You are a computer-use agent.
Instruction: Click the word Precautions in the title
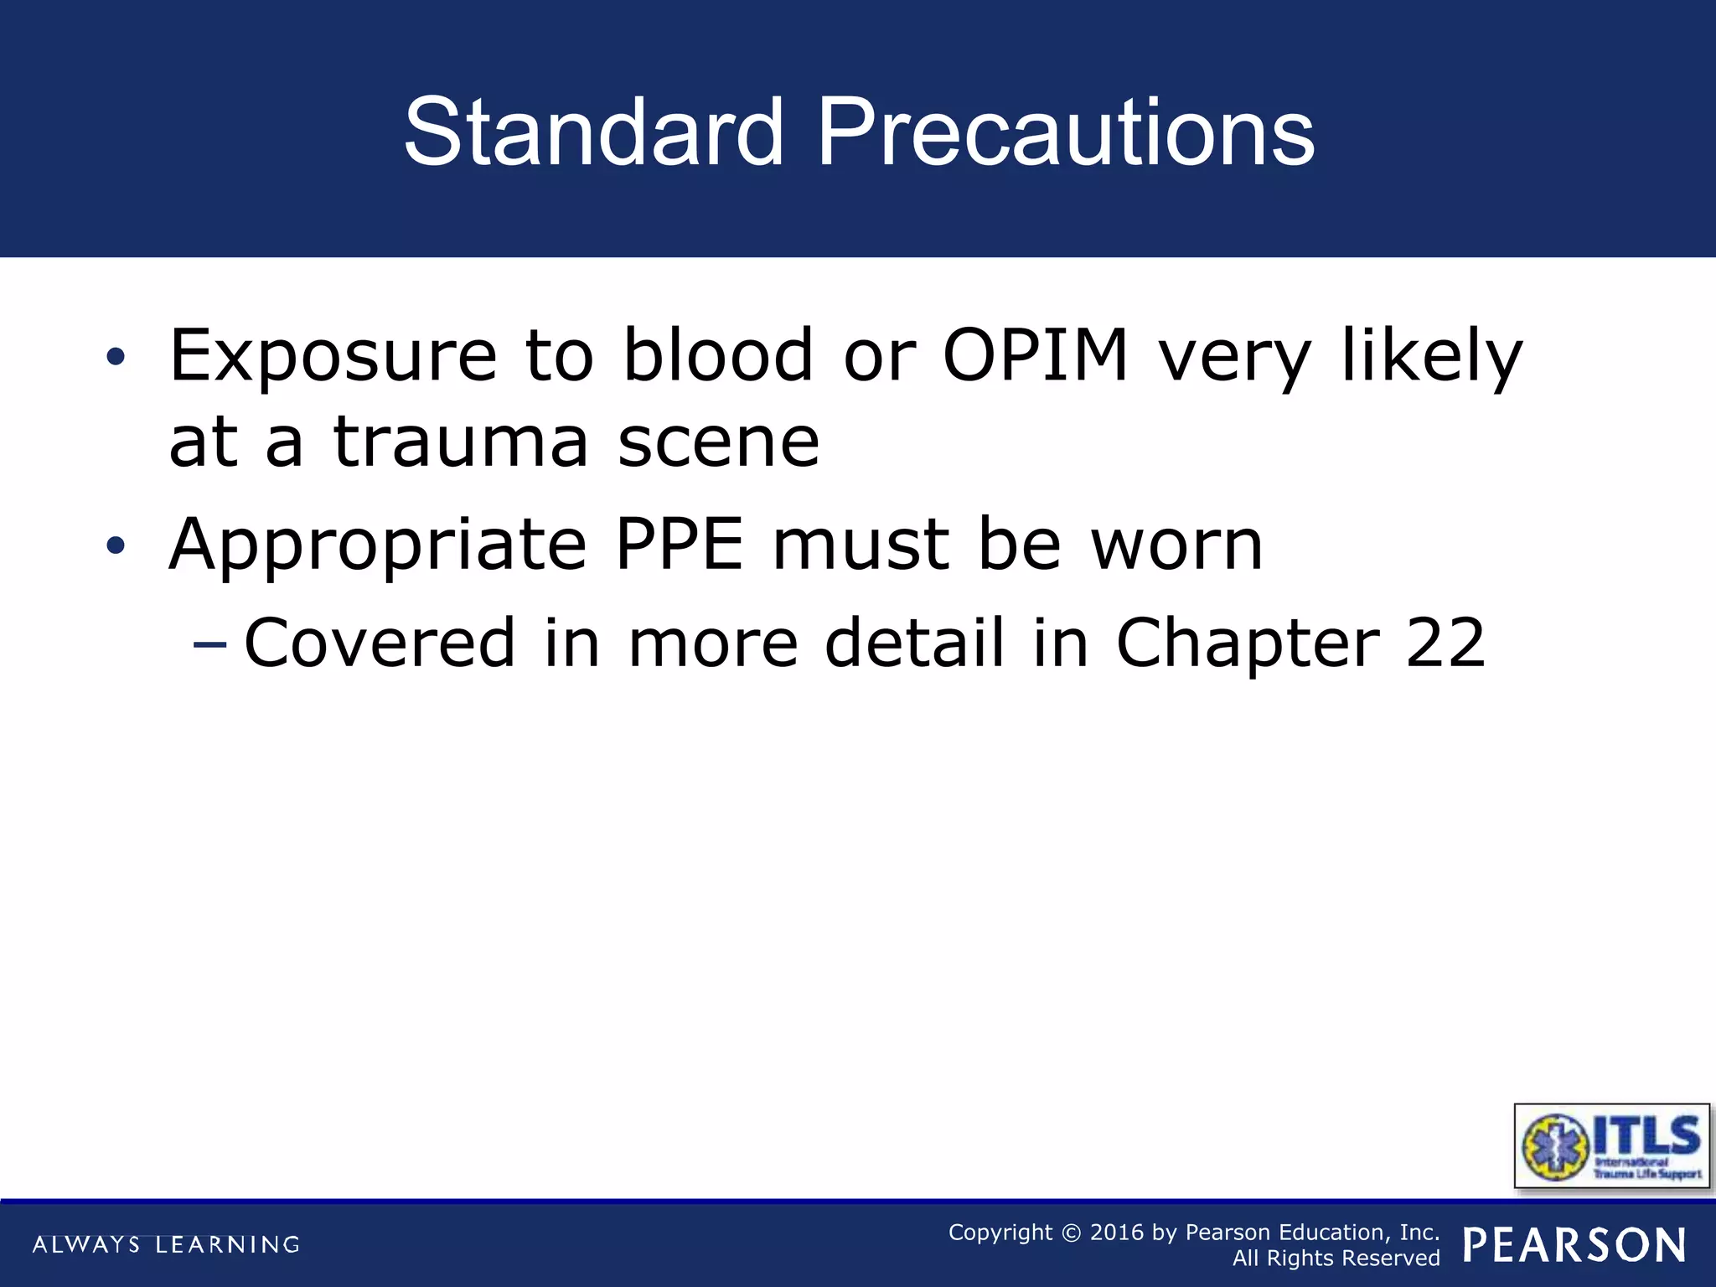click(1065, 132)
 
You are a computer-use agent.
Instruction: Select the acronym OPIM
click(1036, 356)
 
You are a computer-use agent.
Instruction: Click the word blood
click(718, 356)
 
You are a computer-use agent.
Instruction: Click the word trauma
click(461, 442)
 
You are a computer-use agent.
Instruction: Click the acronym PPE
click(679, 545)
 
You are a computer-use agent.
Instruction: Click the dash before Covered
click(209, 644)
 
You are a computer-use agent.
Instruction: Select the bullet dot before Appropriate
click(116, 546)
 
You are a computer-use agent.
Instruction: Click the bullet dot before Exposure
click(116, 358)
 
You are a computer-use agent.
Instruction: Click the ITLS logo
click(1611, 1146)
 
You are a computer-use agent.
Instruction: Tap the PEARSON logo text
click(1574, 1245)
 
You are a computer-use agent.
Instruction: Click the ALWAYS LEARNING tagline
click(166, 1244)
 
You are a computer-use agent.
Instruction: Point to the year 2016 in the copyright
click(1116, 1233)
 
